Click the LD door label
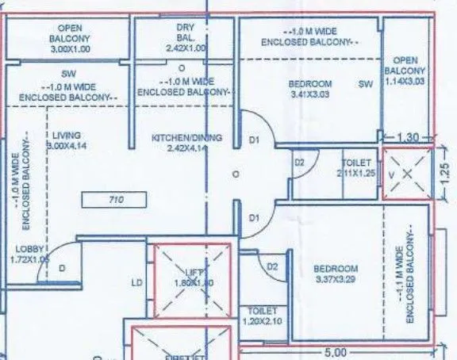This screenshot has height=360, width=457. tap(136, 281)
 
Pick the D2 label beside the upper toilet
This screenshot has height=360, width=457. tap(299, 163)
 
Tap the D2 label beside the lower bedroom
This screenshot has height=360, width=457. tap(271, 267)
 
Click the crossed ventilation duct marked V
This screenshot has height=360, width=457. tap(407, 172)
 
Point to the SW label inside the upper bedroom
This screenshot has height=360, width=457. tap(365, 83)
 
